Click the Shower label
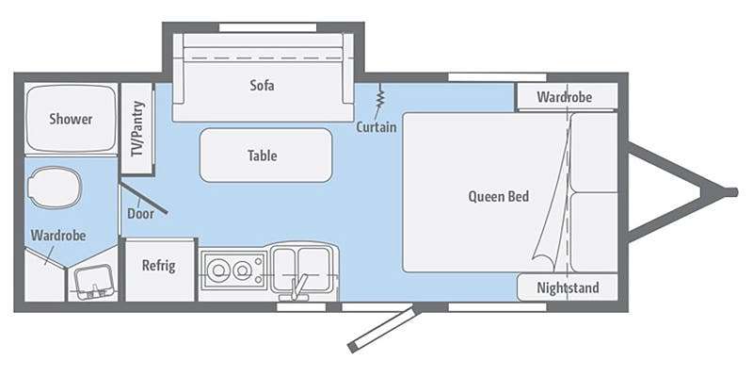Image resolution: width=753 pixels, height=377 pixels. click(71, 120)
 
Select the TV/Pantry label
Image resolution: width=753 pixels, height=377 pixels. click(138, 128)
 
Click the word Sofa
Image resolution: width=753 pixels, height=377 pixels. click(263, 86)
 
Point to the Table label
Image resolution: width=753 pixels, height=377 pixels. click(263, 156)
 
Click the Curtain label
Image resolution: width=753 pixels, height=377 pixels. click(376, 127)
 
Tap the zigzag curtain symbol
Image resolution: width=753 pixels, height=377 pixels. click(380, 96)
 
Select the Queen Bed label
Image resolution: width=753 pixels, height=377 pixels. click(499, 196)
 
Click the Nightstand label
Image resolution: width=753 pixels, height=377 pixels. click(568, 287)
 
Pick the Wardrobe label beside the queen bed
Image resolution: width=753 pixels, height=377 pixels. click(564, 97)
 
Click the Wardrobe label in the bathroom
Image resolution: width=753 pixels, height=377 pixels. click(58, 236)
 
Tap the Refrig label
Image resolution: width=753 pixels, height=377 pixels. click(158, 266)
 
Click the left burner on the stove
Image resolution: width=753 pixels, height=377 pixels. click(218, 270)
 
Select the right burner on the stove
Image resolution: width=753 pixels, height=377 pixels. click(241, 270)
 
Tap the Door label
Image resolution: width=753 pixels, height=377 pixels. click(140, 214)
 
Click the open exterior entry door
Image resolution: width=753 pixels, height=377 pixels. click(384, 331)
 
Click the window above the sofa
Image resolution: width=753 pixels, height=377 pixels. click(267, 27)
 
